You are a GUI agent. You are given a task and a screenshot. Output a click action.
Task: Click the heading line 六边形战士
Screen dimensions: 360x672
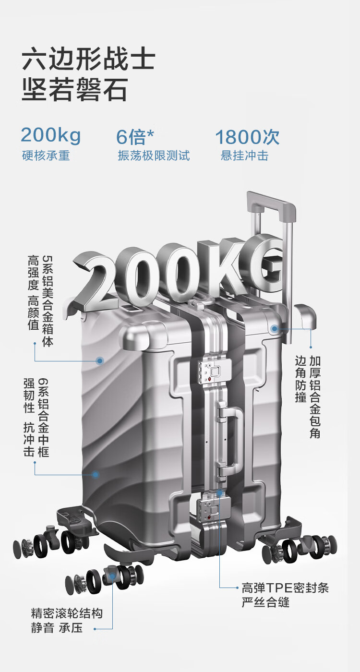(89, 60)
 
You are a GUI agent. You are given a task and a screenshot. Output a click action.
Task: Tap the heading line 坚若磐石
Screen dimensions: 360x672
(75, 90)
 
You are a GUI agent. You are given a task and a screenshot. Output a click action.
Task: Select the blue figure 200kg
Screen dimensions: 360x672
(50, 136)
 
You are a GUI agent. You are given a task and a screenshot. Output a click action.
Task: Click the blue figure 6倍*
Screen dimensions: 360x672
(135, 137)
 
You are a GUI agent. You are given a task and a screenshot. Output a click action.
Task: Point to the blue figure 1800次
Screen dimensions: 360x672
(247, 137)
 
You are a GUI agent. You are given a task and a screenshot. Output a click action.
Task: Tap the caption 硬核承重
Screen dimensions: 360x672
(46, 156)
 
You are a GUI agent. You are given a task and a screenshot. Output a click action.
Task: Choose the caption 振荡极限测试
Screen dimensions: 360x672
(154, 156)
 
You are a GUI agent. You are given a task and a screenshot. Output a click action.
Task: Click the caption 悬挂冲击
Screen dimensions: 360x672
(244, 156)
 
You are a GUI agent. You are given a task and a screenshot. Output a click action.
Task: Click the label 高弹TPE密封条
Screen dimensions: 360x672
(285, 588)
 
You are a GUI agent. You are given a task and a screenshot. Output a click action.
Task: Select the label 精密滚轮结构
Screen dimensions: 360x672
(67, 613)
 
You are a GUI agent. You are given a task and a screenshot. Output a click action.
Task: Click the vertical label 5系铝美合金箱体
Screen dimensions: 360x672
(47, 300)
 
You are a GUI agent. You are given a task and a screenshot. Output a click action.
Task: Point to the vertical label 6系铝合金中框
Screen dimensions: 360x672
(43, 417)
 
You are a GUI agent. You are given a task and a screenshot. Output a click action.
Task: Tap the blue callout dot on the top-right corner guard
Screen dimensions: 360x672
(275, 329)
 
